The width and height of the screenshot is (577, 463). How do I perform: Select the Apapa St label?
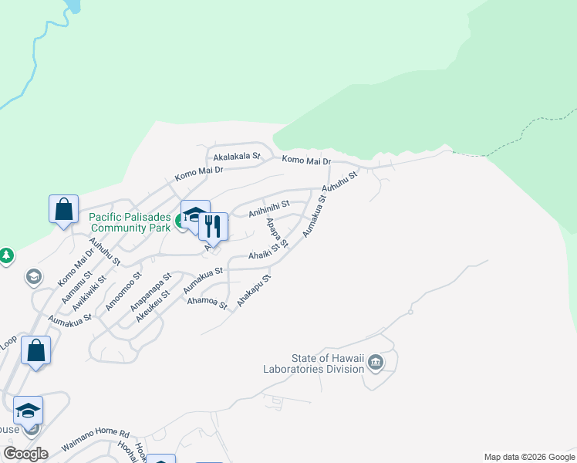point(275,233)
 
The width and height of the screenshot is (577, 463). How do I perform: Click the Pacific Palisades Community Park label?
point(130,223)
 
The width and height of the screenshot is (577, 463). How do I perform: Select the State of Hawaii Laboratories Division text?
point(327,363)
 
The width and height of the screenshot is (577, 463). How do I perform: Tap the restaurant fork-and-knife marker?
point(213,227)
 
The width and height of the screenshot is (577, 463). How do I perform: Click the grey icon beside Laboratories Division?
point(376,363)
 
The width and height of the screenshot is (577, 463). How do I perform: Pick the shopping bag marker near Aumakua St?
point(35,351)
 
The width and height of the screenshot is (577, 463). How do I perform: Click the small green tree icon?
point(6,255)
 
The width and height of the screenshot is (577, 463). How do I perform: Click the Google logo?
point(25,454)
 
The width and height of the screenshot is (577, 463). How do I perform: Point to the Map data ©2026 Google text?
point(529,457)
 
